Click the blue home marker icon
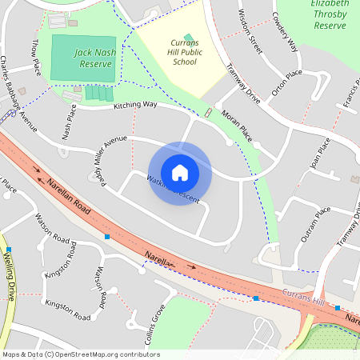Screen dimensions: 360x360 pos(180,173)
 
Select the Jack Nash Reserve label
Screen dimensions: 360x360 pos(98,58)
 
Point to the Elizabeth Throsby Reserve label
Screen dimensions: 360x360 pos(330,14)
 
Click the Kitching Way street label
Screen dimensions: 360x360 pos(134,106)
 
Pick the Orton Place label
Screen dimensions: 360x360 pos(286,82)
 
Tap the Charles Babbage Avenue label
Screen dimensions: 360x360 pos(18,92)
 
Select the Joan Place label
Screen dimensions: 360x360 pos(319,155)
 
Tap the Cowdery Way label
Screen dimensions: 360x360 pos(285,32)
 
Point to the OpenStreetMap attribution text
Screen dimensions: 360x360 pos(80,354)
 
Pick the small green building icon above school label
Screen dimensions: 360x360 pos(188,37)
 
